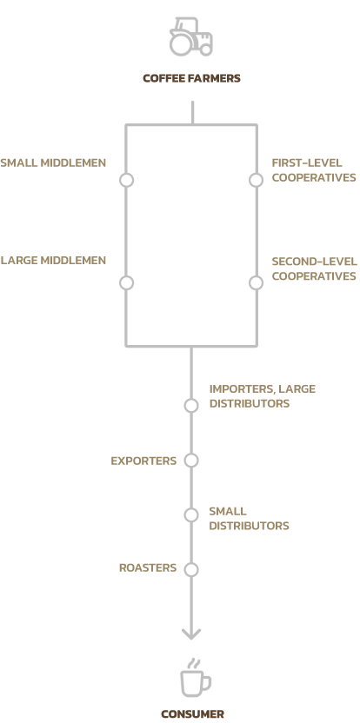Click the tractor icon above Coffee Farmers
pyautogui.click(x=191, y=36)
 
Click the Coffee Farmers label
pyautogui.click(x=191, y=78)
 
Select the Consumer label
pyautogui.click(x=192, y=714)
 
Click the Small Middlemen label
pyautogui.click(x=53, y=163)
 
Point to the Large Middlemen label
pyautogui.click(x=53, y=261)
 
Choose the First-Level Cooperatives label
pyautogui.click(x=314, y=170)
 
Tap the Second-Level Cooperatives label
pyautogui.click(x=314, y=269)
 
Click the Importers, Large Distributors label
pyautogui.click(x=262, y=396)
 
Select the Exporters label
pyautogui.click(x=143, y=461)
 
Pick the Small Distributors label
pyautogui.click(x=249, y=519)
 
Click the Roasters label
pyautogui.click(x=148, y=568)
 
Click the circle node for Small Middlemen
pyautogui.click(x=126, y=180)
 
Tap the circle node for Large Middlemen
pyautogui.click(x=126, y=282)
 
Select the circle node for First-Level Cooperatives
pyautogui.click(x=257, y=180)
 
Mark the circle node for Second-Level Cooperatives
pyautogui.click(x=257, y=282)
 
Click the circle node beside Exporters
pyautogui.click(x=191, y=461)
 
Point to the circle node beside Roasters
pyautogui.click(x=191, y=569)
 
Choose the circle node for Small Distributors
pyautogui.click(x=191, y=515)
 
